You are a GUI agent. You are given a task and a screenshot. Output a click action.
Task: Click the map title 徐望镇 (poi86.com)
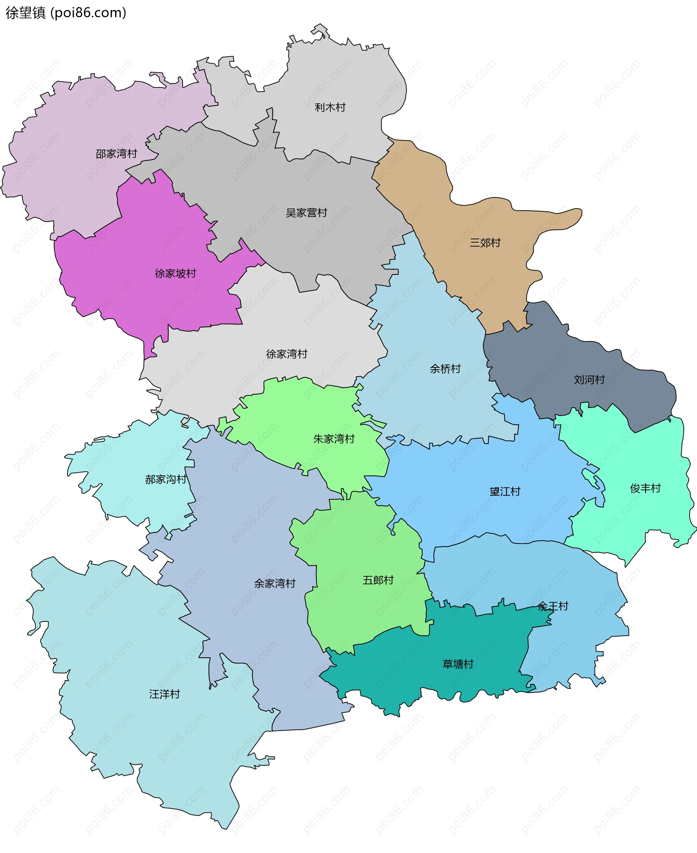click(66, 13)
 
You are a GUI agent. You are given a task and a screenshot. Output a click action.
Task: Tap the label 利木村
click(330, 107)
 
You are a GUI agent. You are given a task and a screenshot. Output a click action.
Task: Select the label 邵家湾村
click(116, 154)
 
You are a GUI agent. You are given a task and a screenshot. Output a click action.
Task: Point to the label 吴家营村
click(306, 213)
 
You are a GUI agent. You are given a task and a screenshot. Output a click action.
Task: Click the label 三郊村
click(485, 243)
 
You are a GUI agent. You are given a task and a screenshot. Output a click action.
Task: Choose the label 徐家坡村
click(175, 273)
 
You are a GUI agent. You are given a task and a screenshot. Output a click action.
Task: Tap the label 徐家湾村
click(286, 354)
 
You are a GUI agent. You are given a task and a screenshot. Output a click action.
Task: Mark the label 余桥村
click(445, 369)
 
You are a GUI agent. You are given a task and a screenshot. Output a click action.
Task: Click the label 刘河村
click(589, 380)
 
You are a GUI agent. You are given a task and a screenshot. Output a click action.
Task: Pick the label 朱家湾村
click(334, 439)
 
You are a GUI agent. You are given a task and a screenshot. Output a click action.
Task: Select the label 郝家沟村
click(166, 479)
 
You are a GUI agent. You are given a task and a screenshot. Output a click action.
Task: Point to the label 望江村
click(505, 492)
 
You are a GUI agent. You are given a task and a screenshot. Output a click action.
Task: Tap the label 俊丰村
click(645, 488)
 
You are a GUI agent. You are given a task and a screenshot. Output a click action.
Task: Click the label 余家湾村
click(274, 584)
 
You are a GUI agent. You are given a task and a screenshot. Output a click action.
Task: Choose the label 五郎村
click(378, 580)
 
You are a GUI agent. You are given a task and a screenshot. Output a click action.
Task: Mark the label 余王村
click(553, 606)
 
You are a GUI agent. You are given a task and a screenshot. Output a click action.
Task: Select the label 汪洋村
click(164, 694)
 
